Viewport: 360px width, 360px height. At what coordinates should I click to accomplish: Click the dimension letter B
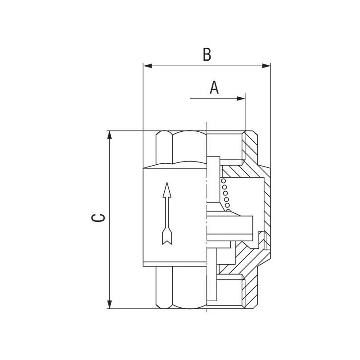(207, 54)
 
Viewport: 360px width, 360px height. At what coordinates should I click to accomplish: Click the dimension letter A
(214, 87)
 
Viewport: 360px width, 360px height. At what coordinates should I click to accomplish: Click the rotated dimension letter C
(98, 218)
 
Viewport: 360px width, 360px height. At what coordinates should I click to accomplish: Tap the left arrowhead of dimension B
(148, 66)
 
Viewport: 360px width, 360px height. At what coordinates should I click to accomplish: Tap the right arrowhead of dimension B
(266, 66)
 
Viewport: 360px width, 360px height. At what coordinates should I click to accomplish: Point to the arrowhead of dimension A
(241, 99)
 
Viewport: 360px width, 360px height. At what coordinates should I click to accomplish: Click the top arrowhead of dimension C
(109, 135)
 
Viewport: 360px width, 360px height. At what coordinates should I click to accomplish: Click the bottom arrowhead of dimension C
(109, 305)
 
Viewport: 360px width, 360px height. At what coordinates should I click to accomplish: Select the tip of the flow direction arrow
(167, 183)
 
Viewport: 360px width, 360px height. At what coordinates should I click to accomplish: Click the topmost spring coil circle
(223, 181)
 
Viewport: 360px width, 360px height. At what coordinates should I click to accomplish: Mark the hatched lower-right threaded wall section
(250, 292)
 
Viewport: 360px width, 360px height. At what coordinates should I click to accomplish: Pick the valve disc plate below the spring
(229, 225)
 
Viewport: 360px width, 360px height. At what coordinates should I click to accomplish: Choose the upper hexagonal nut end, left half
(181, 148)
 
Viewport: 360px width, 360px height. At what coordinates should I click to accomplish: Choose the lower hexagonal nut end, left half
(181, 288)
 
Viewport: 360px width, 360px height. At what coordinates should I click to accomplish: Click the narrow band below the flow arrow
(175, 264)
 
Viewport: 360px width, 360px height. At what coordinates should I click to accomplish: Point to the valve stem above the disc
(213, 180)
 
